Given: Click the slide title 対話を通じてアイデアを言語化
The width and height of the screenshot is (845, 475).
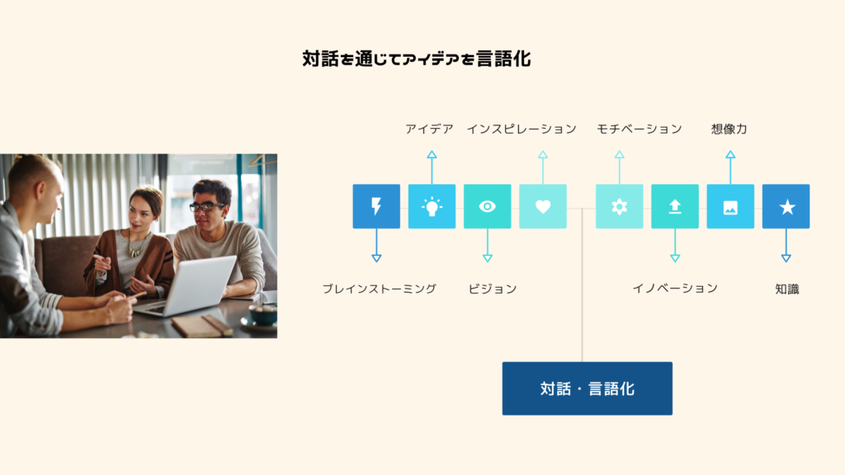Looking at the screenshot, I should click(417, 59).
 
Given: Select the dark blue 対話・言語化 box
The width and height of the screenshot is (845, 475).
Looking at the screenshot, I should click(587, 388).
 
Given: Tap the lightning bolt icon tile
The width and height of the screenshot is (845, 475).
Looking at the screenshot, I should click(376, 206).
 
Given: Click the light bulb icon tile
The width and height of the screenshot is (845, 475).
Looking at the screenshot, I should click(432, 206).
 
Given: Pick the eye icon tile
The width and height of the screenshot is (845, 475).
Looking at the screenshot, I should click(487, 206).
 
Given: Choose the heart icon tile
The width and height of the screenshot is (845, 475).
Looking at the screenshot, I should click(542, 206).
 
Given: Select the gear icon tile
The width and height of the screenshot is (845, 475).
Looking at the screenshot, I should click(619, 206).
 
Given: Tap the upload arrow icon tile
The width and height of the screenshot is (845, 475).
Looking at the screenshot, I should click(674, 206).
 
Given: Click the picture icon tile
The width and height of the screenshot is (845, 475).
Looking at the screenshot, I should click(729, 206).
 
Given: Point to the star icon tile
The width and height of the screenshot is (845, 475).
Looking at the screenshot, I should click(786, 206).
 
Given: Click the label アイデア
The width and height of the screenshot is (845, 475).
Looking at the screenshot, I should click(429, 129).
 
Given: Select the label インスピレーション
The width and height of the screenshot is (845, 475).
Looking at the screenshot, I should click(522, 129).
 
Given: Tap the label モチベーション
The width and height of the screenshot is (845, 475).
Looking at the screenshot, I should click(640, 129).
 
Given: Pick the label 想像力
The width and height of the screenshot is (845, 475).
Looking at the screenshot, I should click(729, 129).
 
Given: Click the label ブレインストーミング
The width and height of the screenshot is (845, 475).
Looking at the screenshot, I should click(379, 289).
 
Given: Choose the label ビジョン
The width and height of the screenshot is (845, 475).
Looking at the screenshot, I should click(493, 289).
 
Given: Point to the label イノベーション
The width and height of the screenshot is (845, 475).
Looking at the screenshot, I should click(675, 288).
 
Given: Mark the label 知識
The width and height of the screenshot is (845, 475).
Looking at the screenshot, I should click(787, 289).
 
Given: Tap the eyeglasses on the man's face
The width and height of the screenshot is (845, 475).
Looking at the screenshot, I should click(205, 205).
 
